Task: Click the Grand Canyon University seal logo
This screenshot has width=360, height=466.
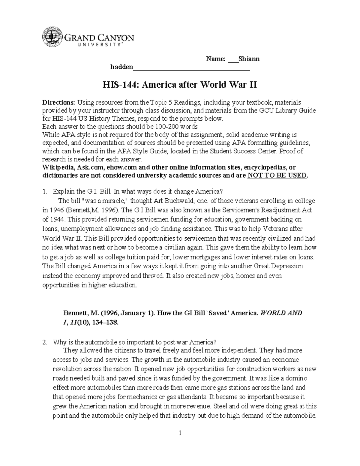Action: [x=53, y=38]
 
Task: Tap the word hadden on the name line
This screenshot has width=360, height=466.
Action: [x=121, y=67]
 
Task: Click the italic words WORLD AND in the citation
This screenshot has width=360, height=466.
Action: [x=282, y=313]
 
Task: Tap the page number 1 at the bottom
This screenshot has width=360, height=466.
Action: [x=180, y=433]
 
